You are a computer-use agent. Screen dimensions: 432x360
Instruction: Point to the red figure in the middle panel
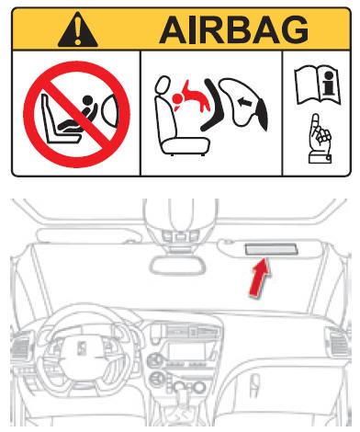[192, 97]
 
